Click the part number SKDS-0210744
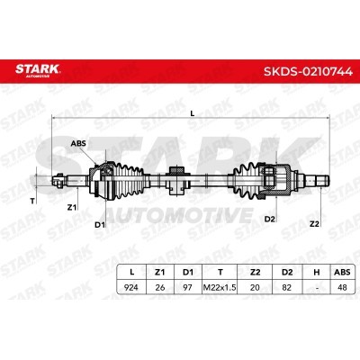pos(308,71)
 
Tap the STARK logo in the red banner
pos(38,70)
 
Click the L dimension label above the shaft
pos(193,113)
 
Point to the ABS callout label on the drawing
pos(78,143)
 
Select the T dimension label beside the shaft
pos(32,202)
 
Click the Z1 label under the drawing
pos(72,207)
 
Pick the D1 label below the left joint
pos(100,224)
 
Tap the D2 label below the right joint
pos(269,219)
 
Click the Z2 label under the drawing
pos(314,223)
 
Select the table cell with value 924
pos(131,287)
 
